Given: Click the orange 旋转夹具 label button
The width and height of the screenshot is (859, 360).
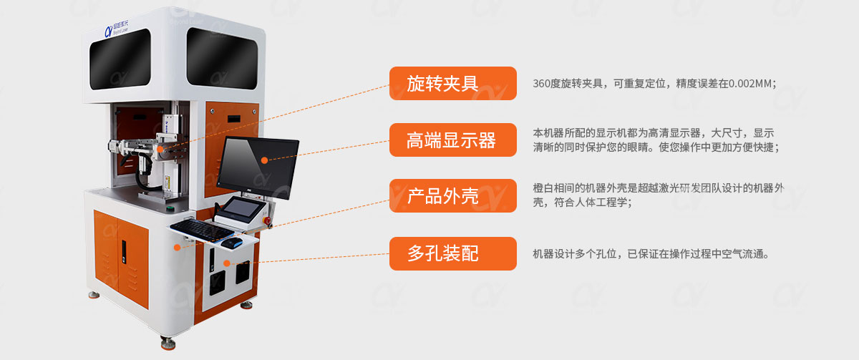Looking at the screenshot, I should coord(452,83).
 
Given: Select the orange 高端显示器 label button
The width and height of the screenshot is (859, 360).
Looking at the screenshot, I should coord(452,140).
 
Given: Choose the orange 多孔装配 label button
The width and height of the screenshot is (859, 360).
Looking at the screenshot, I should coord(452,253).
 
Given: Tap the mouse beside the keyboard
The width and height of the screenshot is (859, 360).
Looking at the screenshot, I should coord(230,243).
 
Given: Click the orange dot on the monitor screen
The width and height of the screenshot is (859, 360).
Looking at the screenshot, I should coord(264,160).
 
